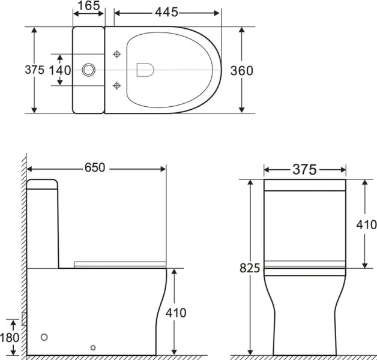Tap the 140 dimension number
(60, 70)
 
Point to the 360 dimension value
(242, 70)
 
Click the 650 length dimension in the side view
(95, 168)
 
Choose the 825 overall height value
(250, 268)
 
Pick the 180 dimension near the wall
(10, 337)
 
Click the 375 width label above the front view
(304, 170)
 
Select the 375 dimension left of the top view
(34, 70)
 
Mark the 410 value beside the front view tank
(365, 225)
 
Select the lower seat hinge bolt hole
(118, 85)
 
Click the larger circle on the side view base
(43, 337)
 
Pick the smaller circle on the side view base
(92, 347)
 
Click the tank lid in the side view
(42, 183)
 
